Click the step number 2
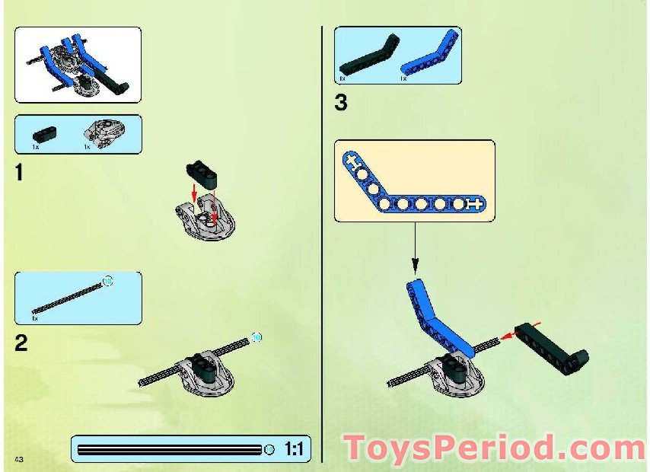tap(21, 343)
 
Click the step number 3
tap(341, 103)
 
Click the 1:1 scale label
tap(294, 449)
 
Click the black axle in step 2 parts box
tap(69, 297)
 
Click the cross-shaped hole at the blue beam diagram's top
tap(351, 161)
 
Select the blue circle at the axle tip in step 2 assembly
tap(256, 336)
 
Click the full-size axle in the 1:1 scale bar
tap(171, 449)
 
